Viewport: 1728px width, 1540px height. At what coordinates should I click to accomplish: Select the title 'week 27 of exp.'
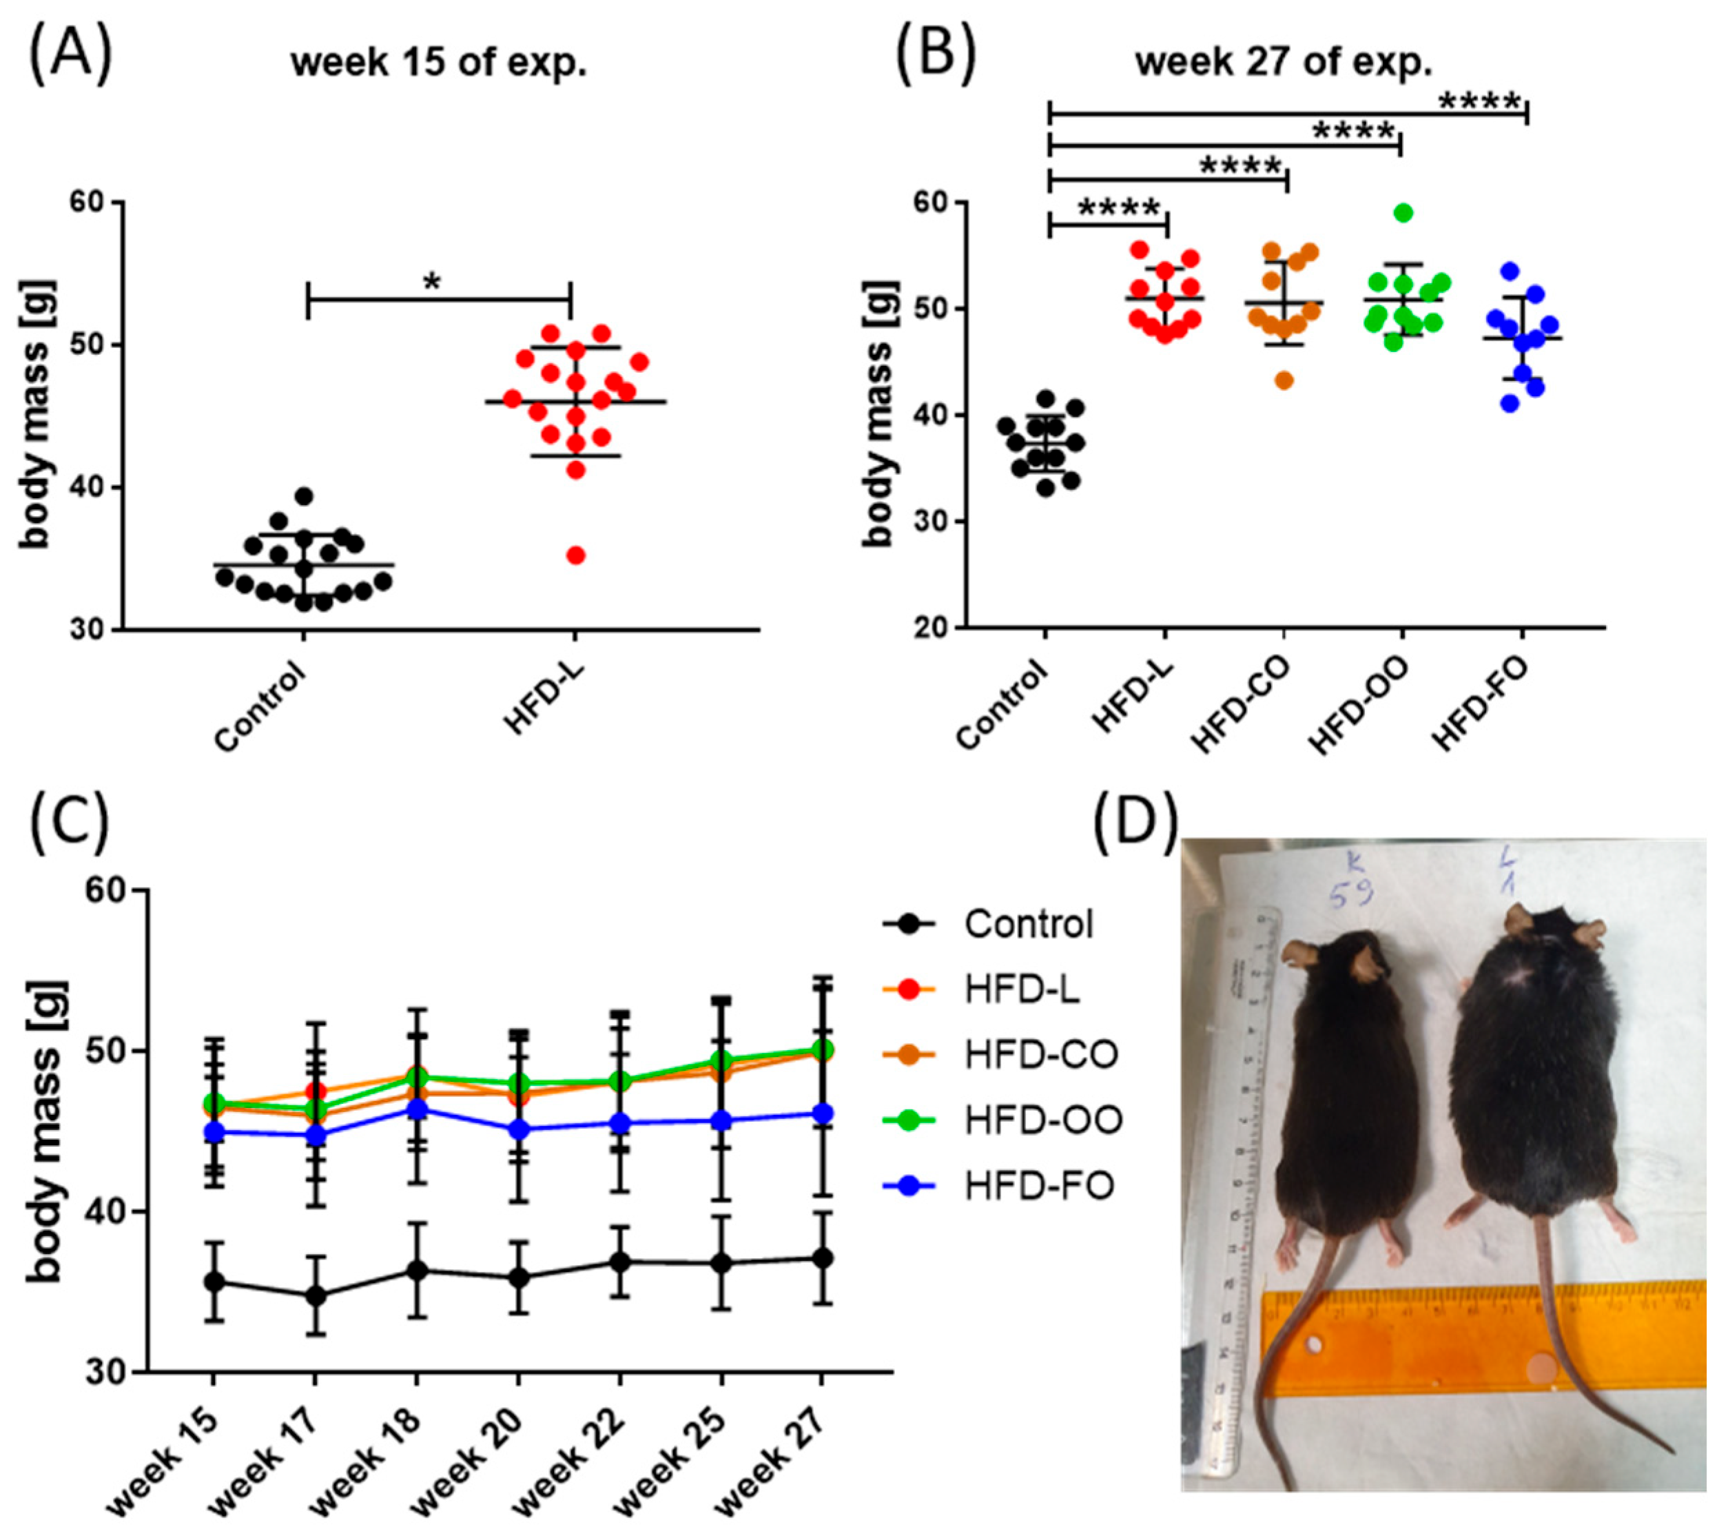click(x=1283, y=63)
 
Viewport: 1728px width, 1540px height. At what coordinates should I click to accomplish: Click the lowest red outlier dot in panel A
click(x=576, y=555)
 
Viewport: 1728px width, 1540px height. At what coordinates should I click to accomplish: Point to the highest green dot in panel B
click(x=1403, y=212)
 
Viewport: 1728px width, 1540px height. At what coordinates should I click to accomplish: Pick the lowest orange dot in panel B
click(x=1284, y=380)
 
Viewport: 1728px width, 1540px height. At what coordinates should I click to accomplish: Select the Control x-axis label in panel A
click(x=260, y=708)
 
